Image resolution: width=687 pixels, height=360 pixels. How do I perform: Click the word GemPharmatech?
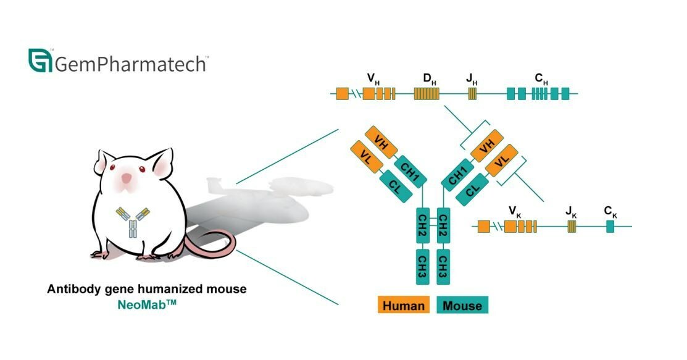[x=131, y=63]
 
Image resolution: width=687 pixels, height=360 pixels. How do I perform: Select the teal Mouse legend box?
[x=462, y=305]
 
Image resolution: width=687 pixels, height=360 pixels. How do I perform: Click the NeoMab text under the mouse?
[x=147, y=304]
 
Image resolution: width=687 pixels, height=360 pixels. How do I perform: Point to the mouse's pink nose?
[x=126, y=178]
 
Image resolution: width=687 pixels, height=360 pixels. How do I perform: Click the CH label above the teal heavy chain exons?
[x=541, y=79]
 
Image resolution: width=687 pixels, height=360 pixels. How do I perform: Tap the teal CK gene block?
[x=610, y=227]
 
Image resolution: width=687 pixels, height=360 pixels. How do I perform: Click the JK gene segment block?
[x=572, y=227]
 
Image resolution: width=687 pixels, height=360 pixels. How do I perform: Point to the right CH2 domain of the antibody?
[x=443, y=226]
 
